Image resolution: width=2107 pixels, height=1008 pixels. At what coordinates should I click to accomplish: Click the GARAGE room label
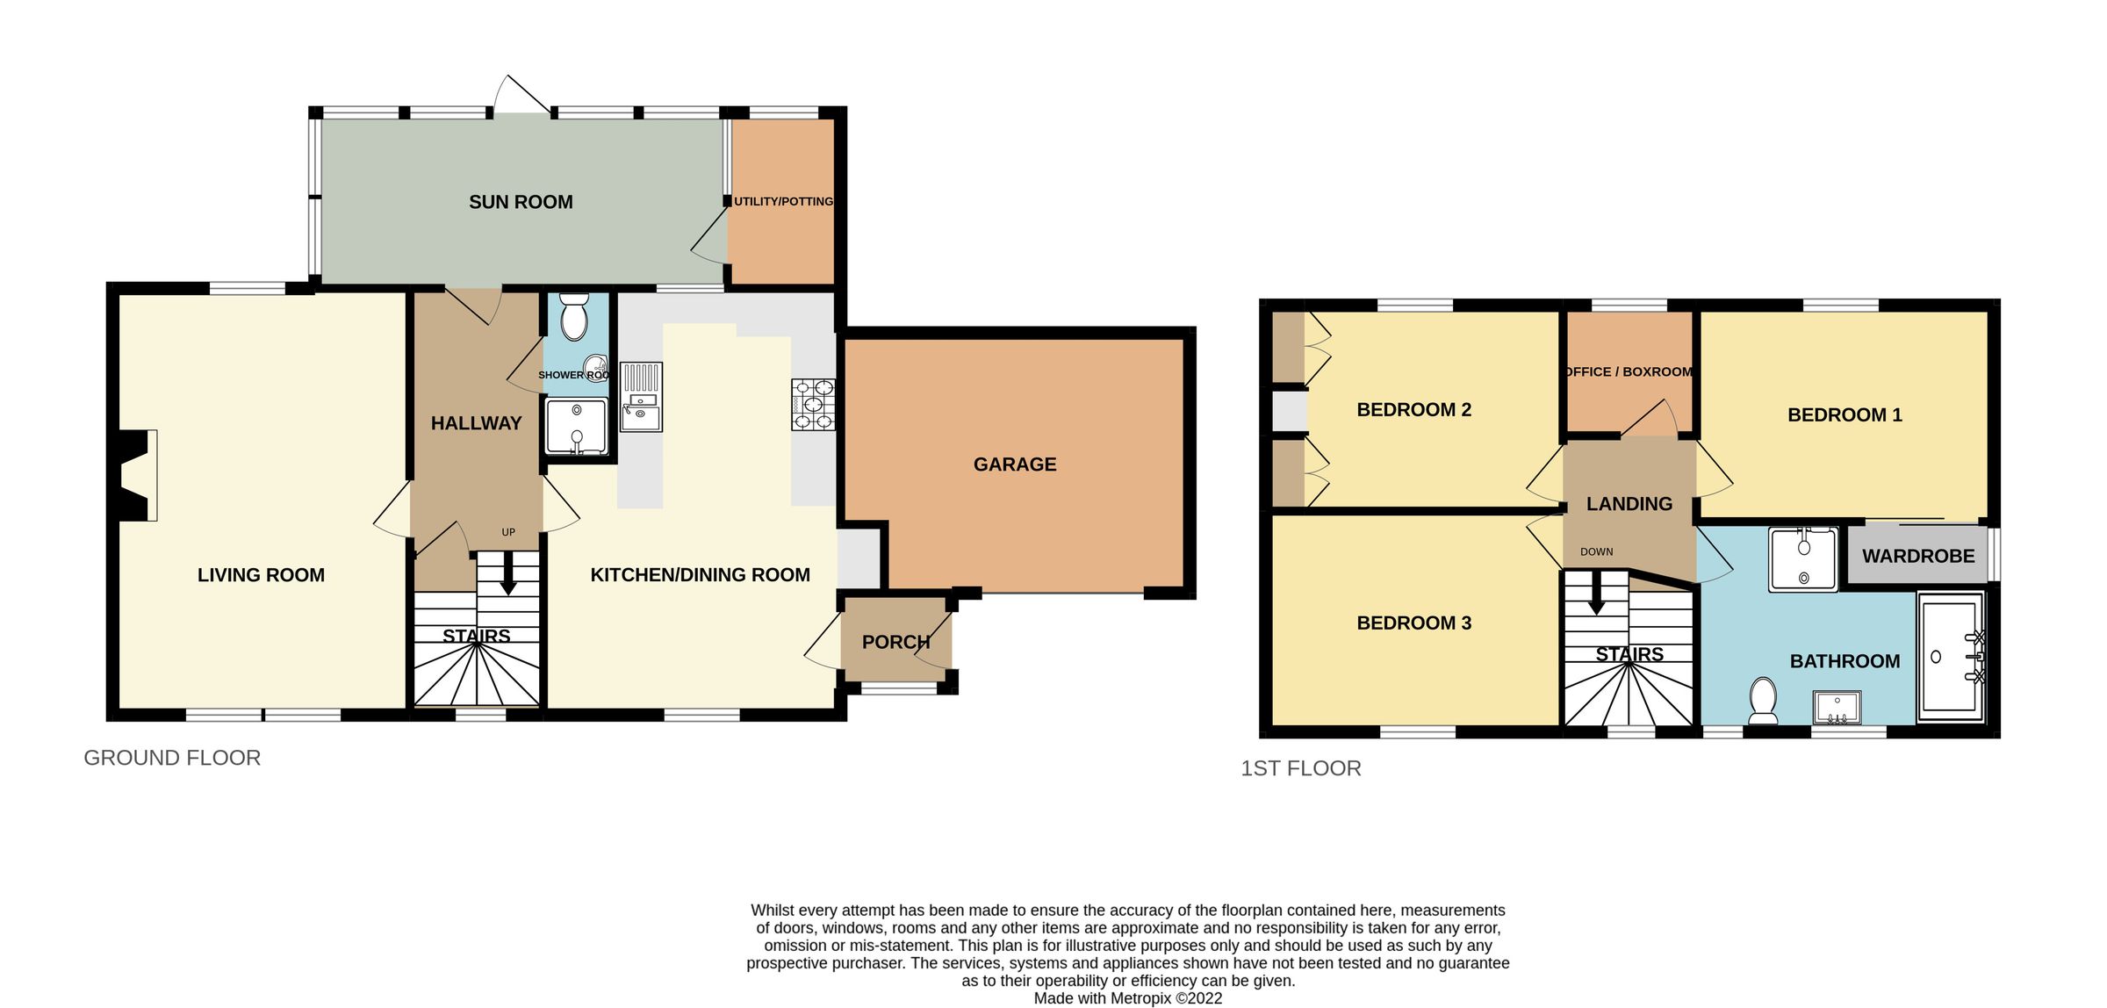click(x=1014, y=464)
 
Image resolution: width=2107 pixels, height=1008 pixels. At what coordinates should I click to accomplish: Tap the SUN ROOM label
click(x=521, y=202)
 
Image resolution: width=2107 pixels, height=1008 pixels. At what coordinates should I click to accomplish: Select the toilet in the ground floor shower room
click(x=574, y=316)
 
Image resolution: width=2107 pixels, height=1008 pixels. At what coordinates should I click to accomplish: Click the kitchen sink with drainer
click(x=641, y=397)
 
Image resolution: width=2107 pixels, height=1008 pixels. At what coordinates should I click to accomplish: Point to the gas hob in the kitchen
click(x=813, y=404)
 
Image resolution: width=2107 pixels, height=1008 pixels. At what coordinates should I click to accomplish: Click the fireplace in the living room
click(x=139, y=476)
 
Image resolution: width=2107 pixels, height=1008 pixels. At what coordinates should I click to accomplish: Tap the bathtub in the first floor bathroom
click(x=1951, y=656)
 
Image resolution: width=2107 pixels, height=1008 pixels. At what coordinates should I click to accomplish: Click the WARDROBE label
click(x=1918, y=556)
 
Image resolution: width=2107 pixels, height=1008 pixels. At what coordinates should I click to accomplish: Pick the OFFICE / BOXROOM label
click(x=1629, y=371)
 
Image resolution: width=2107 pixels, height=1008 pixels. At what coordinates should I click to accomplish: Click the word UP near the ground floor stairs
click(x=508, y=532)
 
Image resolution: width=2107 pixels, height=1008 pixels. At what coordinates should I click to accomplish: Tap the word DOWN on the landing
click(x=1596, y=551)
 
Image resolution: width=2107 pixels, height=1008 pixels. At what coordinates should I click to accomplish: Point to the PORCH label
click(x=895, y=642)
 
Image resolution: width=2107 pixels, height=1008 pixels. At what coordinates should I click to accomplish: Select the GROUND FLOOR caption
click(x=172, y=758)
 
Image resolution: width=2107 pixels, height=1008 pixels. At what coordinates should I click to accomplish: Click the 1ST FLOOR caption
click(x=1300, y=768)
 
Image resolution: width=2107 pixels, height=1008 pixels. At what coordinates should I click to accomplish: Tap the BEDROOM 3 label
click(x=1413, y=623)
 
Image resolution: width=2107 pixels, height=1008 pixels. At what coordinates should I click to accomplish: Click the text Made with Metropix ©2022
click(x=1127, y=998)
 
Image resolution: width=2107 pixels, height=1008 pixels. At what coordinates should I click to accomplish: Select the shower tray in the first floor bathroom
click(x=1803, y=559)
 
